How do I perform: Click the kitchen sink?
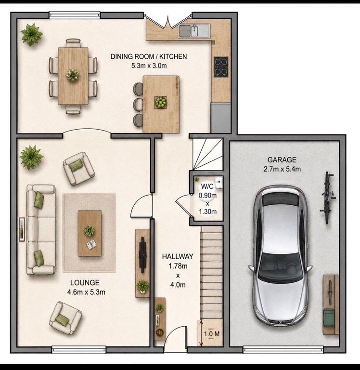[x=194, y=31]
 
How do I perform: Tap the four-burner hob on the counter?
[x=221, y=67]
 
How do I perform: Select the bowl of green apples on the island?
[x=161, y=103]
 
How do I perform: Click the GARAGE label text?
[x=282, y=160]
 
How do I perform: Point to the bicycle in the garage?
[x=327, y=198]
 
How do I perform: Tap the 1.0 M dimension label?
[x=212, y=334]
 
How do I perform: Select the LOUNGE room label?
[x=85, y=282]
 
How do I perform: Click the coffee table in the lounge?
[x=90, y=233]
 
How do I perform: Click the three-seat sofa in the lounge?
[x=41, y=230]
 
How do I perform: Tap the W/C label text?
[x=207, y=186]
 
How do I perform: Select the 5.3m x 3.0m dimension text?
[x=149, y=66]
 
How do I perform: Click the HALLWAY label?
[x=178, y=256]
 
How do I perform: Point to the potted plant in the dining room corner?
[x=32, y=35]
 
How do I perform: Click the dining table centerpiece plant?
[x=73, y=75]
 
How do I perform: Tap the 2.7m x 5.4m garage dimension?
[x=282, y=169]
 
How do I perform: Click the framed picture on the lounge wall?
[x=22, y=229]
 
